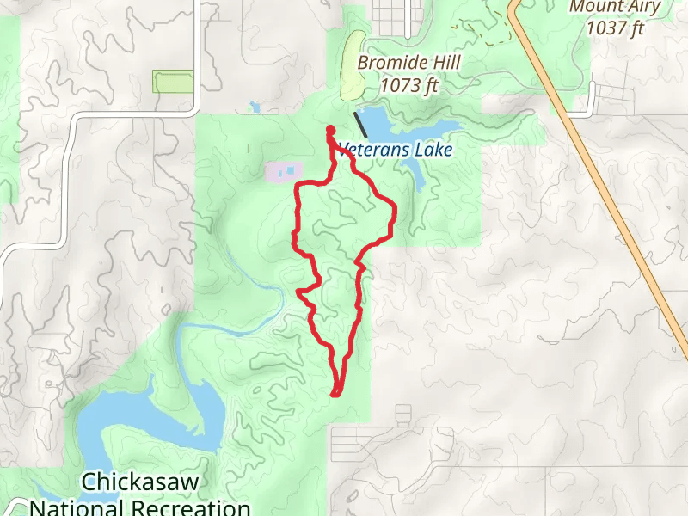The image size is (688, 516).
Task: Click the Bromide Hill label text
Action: pos(409,63)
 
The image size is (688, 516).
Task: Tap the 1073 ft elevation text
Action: pos(409,85)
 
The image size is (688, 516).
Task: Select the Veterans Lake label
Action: pos(396,150)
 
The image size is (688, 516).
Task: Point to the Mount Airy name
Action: pos(615,8)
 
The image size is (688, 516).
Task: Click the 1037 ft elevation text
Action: pos(615,28)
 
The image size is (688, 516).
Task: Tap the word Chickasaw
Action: pos(141,481)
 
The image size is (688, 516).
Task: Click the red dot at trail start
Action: pos(330,131)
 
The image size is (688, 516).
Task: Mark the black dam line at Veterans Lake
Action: pos(361,125)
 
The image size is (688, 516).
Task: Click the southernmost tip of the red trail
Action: pos(335,394)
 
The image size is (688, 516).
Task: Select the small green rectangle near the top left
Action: pos(175,82)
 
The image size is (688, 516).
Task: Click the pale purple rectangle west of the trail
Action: pos(284,171)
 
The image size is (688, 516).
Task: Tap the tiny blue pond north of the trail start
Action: pos(255,107)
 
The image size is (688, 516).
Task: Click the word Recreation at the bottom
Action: pos(189,507)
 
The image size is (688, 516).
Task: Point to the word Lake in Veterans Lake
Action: pos(433,150)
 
